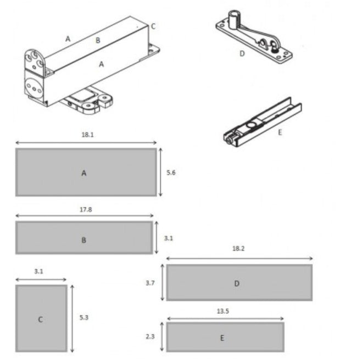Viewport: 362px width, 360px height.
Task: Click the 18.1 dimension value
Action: coord(88,135)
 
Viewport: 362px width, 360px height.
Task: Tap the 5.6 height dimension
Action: coord(171,173)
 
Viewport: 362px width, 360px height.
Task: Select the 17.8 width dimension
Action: coord(86,209)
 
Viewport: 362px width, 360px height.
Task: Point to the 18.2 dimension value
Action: coord(238,248)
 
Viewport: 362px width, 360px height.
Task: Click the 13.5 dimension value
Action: coord(223,311)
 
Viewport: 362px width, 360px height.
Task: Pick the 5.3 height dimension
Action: coord(84,318)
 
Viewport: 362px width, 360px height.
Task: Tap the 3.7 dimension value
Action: coord(150,283)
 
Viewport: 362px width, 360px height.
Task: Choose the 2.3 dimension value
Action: coord(150,336)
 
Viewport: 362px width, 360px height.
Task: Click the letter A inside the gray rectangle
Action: coord(84,173)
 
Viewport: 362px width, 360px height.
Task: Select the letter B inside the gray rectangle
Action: coord(84,240)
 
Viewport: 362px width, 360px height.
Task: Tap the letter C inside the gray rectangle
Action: coord(40,319)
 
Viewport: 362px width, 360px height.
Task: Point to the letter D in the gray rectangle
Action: coord(237,284)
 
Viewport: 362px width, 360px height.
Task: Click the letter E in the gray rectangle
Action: coord(222,338)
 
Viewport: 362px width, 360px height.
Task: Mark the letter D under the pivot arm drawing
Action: coord(242,54)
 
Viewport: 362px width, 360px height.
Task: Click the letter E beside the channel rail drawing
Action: coord(280,132)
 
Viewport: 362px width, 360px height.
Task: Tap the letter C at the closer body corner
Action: coord(153,26)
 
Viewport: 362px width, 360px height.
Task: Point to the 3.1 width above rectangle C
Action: coord(39,272)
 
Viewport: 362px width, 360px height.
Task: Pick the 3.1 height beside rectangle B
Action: coord(169,238)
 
